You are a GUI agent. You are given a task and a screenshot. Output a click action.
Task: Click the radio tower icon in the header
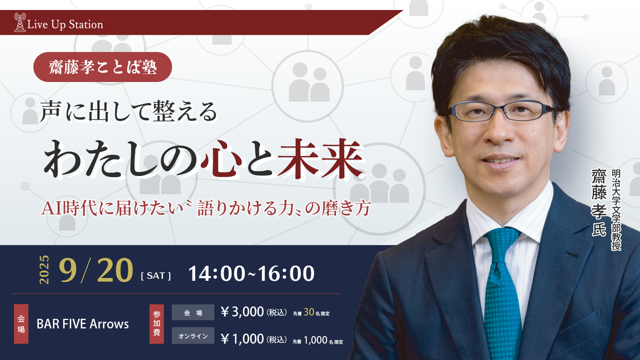point(20,22)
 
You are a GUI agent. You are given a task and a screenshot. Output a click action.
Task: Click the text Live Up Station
point(65,24)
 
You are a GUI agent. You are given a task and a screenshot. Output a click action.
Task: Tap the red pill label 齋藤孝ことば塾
point(102,67)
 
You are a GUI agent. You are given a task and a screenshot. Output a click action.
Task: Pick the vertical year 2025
point(44,270)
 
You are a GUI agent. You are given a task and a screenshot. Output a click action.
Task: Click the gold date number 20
point(115,270)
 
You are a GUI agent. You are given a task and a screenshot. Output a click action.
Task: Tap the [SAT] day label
point(156,276)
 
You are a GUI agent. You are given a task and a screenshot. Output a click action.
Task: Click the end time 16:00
point(286,274)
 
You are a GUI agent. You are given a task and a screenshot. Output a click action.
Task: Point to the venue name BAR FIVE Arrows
point(83,324)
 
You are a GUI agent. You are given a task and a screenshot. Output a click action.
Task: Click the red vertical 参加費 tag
point(156,324)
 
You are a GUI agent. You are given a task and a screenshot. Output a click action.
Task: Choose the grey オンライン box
point(193,336)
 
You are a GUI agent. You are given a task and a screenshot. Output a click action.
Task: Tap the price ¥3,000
point(242,312)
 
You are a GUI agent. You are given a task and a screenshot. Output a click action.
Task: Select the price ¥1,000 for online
point(242,339)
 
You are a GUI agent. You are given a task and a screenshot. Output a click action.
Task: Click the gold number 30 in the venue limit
point(309,312)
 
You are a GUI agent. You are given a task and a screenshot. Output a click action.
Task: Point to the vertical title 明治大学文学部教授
point(616,210)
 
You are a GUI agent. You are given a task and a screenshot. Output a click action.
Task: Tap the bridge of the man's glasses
point(500,110)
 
